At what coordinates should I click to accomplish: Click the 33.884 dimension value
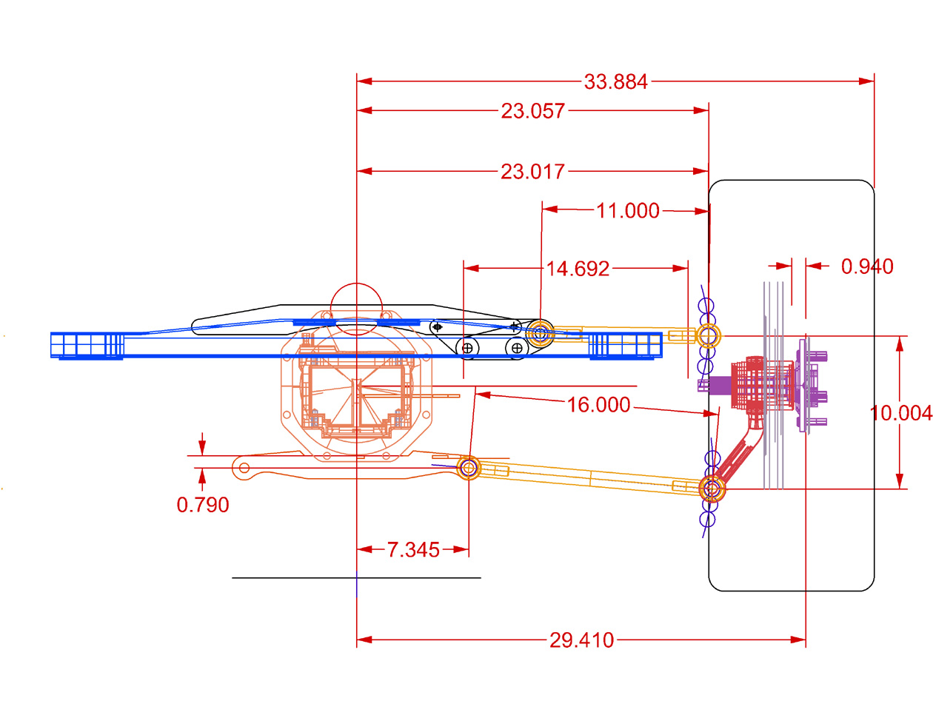coord(615,81)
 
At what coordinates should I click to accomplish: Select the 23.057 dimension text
coord(532,111)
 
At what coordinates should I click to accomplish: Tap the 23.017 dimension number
coord(532,172)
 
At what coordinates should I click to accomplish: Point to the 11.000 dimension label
coord(627,211)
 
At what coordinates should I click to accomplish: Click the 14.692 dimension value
coord(578,269)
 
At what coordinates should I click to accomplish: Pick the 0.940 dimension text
coord(866,266)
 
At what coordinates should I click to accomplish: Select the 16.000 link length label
coord(598,405)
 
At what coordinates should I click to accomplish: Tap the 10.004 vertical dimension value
coord(900,413)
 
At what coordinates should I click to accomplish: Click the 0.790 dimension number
coord(203,505)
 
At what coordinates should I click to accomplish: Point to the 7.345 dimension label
coord(413,550)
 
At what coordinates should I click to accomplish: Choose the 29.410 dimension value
coord(581,640)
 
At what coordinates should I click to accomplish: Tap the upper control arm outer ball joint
coord(709,336)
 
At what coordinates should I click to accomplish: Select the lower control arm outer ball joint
coord(712,489)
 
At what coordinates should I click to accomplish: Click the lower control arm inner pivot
coord(468,468)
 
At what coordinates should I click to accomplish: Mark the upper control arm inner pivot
coord(541,333)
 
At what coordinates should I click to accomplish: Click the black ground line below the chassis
coord(296,577)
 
